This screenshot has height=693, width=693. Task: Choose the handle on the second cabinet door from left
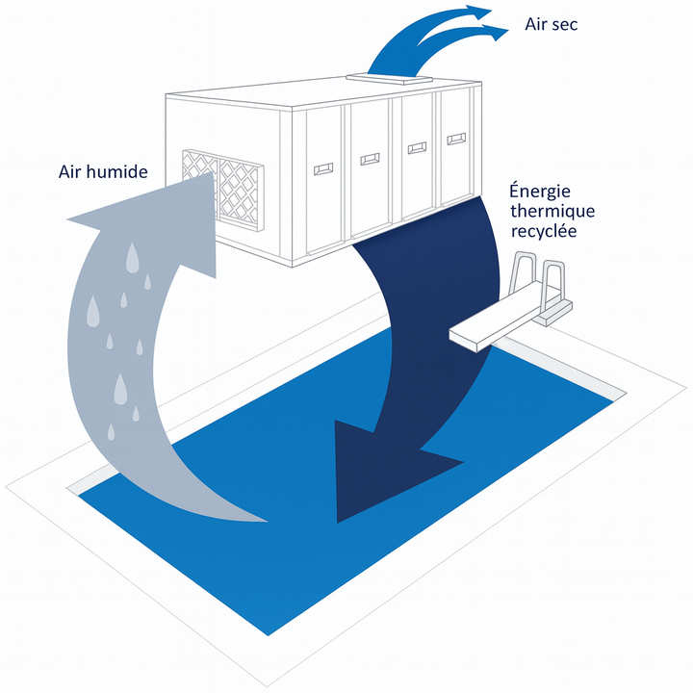[x=369, y=158]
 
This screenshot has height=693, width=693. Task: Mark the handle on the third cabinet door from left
[x=417, y=147]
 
